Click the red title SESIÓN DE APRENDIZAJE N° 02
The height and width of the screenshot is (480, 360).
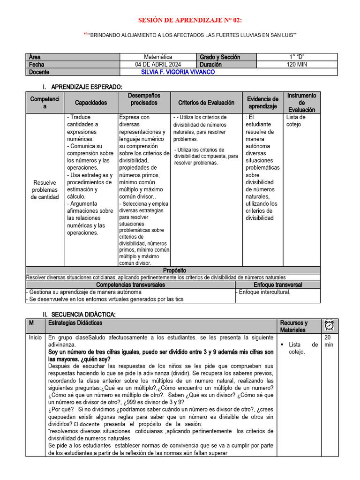190,20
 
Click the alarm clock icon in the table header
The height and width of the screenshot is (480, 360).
329,325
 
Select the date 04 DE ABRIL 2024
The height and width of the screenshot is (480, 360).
158,65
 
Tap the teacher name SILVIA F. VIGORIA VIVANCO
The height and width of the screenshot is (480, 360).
178,72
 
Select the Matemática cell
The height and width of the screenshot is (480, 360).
158,57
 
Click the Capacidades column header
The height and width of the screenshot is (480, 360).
91,103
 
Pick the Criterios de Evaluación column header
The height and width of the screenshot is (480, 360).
206,103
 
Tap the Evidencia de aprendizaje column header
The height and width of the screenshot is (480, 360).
262,103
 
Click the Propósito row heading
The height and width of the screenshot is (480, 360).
174,270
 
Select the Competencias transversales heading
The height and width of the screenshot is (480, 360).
130,285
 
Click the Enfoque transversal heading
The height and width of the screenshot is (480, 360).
277,285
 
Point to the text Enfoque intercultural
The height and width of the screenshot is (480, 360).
264,292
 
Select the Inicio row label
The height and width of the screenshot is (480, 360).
35,337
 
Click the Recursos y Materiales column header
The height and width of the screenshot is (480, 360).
294,326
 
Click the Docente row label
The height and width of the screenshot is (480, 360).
39,72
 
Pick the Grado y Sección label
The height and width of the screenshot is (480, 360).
220,57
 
